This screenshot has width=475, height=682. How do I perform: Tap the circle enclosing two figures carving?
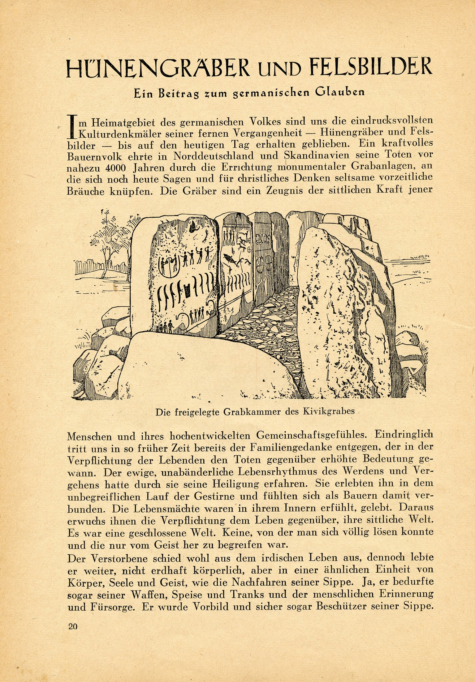[x=169, y=264]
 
